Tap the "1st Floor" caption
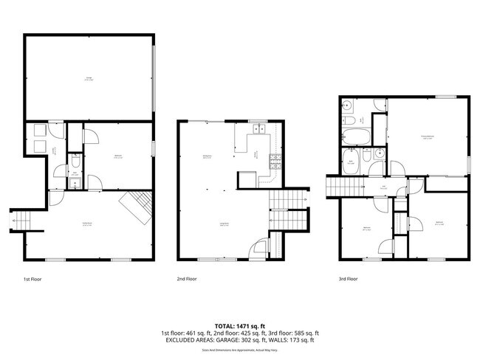(x=32, y=280)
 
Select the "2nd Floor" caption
(x=187, y=280)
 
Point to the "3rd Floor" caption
(x=348, y=280)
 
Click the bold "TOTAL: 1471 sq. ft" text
(x=240, y=325)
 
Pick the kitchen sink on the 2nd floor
(x=258, y=131)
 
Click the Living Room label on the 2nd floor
(x=224, y=225)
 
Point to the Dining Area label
(x=208, y=156)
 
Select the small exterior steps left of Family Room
(x=19, y=220)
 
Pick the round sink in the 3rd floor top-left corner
(x=347, y=105)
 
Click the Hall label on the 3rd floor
(x=383, y=188)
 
